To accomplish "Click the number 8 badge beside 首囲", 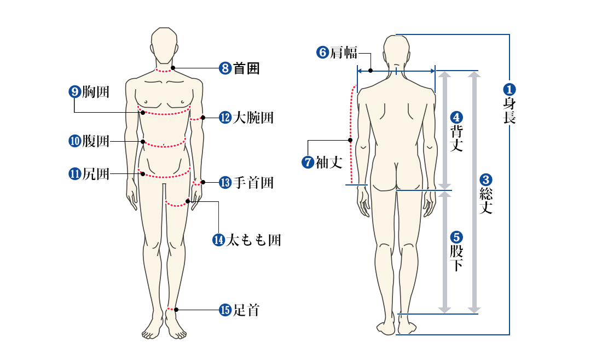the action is pos(225,68).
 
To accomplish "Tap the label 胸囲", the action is pos(96,92).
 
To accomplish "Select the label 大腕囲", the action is pos(253,118).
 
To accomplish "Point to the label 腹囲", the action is pos(96,141).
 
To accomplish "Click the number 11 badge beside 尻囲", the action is pos(74,174).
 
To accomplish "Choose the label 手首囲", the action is pos(253,182).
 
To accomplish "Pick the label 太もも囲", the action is pos(253,240).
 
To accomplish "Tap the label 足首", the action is pos(246,310).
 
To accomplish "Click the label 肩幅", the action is pos(344,52).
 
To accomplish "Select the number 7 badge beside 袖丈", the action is pos(308,162).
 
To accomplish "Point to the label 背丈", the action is pos(456,138).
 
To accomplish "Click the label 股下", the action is pos(456,258).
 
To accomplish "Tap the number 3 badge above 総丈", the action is pos(485,179).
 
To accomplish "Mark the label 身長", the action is pos(510,111).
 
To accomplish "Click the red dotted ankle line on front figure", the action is pos(171,309).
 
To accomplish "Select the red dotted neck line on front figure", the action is pos(164,71).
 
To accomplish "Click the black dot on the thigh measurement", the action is pos(188,201).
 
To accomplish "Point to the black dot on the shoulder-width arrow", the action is pos(371,71).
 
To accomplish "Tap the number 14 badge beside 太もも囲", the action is pos(218,240).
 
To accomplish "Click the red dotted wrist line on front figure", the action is pos(196,184).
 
